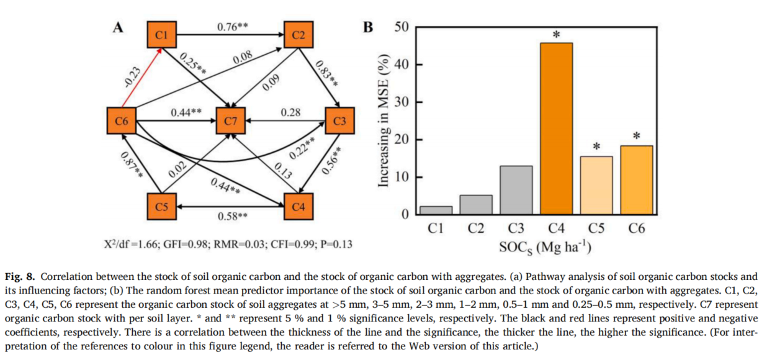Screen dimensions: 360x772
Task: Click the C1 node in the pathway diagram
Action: [161, 35]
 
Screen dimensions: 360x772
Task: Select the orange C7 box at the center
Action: [231, 121]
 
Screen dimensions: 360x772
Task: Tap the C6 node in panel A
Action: [122, 121]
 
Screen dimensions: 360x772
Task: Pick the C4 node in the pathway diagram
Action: [298, 207]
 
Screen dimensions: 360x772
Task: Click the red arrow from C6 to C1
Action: [142, 77]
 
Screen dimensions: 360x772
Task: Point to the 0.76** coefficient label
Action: [233, 27]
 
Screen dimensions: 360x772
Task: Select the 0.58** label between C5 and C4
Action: [233, 216]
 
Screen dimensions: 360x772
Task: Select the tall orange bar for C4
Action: [557, 128]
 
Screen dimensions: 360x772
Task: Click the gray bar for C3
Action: [516, 190]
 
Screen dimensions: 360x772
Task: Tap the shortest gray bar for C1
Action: [436, 210]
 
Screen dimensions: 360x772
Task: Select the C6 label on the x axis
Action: [636, 228]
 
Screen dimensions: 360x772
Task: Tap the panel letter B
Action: [368, 28]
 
